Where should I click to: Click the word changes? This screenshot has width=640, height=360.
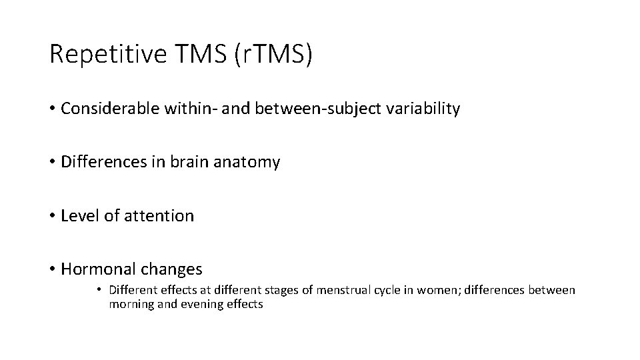[171, 269]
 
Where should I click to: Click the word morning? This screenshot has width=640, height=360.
[131, 305]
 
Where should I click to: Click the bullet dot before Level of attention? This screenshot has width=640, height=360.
[52, 216]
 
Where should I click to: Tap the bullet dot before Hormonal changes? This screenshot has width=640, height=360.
[52, 269]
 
